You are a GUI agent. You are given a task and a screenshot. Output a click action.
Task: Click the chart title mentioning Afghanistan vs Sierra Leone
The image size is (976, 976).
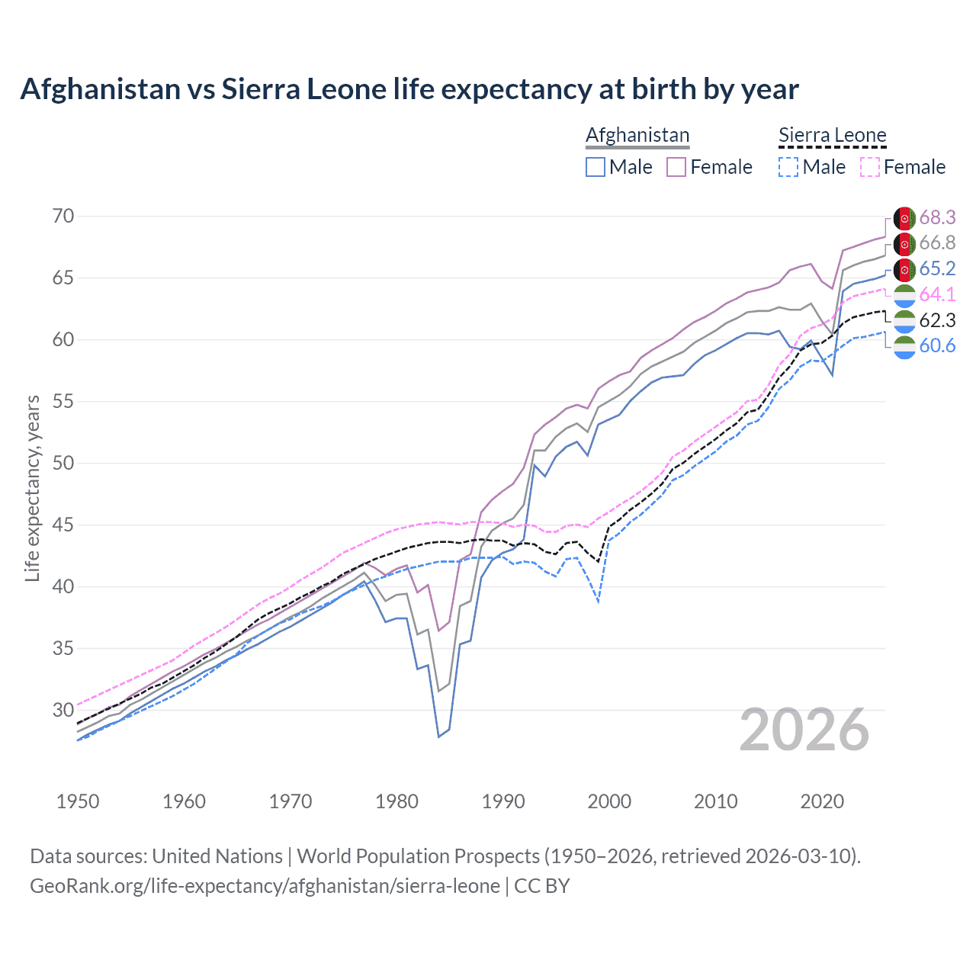[x=409, y=89]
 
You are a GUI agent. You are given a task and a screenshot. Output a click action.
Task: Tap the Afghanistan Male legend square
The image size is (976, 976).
[x=596, y=167]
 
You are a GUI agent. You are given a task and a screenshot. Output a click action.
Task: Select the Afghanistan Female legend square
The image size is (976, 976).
[x=676, y=167]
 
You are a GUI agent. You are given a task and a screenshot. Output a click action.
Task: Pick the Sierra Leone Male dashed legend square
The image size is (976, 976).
[x=788, y=167]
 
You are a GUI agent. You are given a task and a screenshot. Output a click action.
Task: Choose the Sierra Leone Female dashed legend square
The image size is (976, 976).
[x=870, y=167]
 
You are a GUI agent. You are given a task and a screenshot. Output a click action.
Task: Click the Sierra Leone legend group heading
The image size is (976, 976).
[x=832, y=136]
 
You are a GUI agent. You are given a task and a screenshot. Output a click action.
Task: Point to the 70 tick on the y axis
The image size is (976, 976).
[x=63, y=217]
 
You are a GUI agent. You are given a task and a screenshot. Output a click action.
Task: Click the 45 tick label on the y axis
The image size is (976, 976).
[x=63, y=525]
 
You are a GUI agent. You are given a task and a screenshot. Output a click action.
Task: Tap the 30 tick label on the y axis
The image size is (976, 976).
[x=63, y=711]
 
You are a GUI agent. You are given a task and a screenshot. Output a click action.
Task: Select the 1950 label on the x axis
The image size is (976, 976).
[x=78, y=801]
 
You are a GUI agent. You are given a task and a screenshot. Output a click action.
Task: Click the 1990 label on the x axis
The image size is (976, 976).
[x=503, y=801]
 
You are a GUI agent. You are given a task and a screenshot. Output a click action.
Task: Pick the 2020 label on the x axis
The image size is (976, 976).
[x=822, y=801]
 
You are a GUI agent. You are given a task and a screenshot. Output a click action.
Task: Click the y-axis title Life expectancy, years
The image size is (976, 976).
[x=32, y=488]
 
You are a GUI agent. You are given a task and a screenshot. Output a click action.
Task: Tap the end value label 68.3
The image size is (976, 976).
[x=937, y=218]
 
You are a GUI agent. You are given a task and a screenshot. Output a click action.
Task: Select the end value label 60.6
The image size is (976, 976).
[x=937, y=346]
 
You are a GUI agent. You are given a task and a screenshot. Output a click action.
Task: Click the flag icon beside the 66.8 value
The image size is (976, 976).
[x=904, y=244]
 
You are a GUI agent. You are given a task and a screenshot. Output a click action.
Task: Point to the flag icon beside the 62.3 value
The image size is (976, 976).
[x=904, y=321]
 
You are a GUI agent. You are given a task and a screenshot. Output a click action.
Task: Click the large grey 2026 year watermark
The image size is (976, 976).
[x=804, y=730]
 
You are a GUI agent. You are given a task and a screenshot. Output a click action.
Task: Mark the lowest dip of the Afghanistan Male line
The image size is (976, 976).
[x=438, y=737]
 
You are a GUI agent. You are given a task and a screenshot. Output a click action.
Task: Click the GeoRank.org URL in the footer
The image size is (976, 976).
[x=265, y=886]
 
